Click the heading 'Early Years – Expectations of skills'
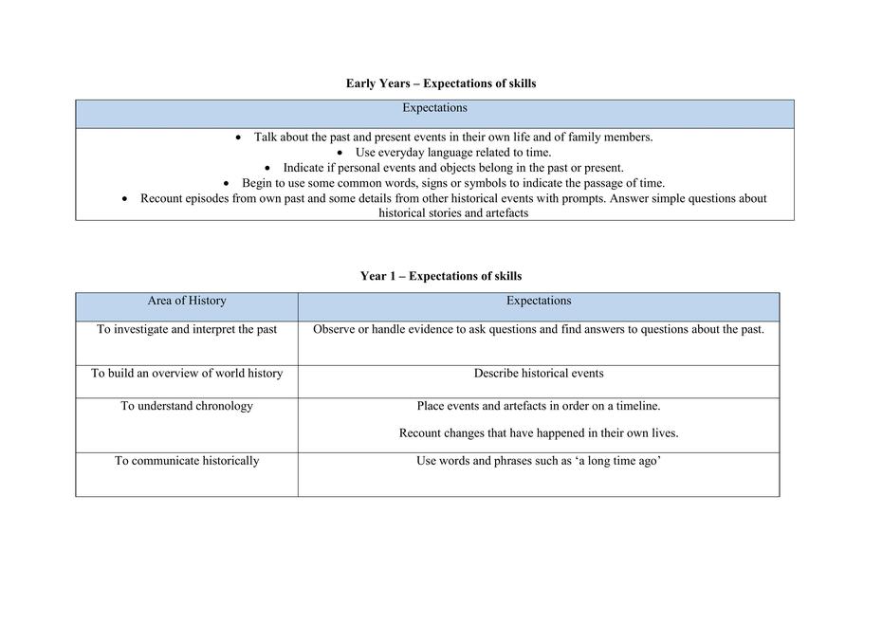[441, 83]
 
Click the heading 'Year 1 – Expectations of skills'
[441, 276]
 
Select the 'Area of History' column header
[187, 301]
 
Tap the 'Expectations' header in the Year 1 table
[539, 301]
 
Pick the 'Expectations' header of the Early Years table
[434, 108]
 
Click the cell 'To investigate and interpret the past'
[187, 329]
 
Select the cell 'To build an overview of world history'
[187, 373]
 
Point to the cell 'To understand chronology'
[187, 406]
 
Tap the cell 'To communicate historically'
[187, 461]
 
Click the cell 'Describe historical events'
[539, 373]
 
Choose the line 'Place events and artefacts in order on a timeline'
[539, 406]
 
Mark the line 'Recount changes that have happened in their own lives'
[539, 433]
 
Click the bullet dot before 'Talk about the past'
[238, 138]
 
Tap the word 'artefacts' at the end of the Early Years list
[504, 213]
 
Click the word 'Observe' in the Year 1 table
[334, 329]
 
